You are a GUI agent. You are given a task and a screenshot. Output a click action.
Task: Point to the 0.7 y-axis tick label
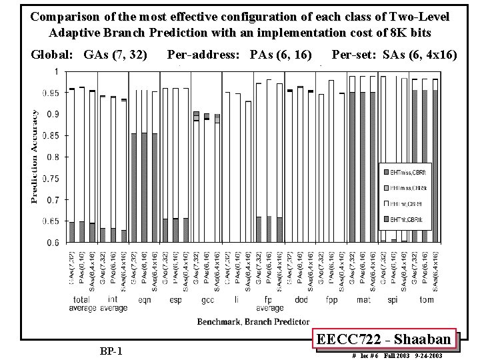(x=51, y=200)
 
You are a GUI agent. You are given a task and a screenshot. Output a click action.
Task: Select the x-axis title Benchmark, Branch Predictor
(x=252, y=321)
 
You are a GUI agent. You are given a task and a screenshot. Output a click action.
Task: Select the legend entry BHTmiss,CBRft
(x=404, y=173)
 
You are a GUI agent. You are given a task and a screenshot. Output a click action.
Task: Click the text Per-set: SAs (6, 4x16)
(x=394, y=55)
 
